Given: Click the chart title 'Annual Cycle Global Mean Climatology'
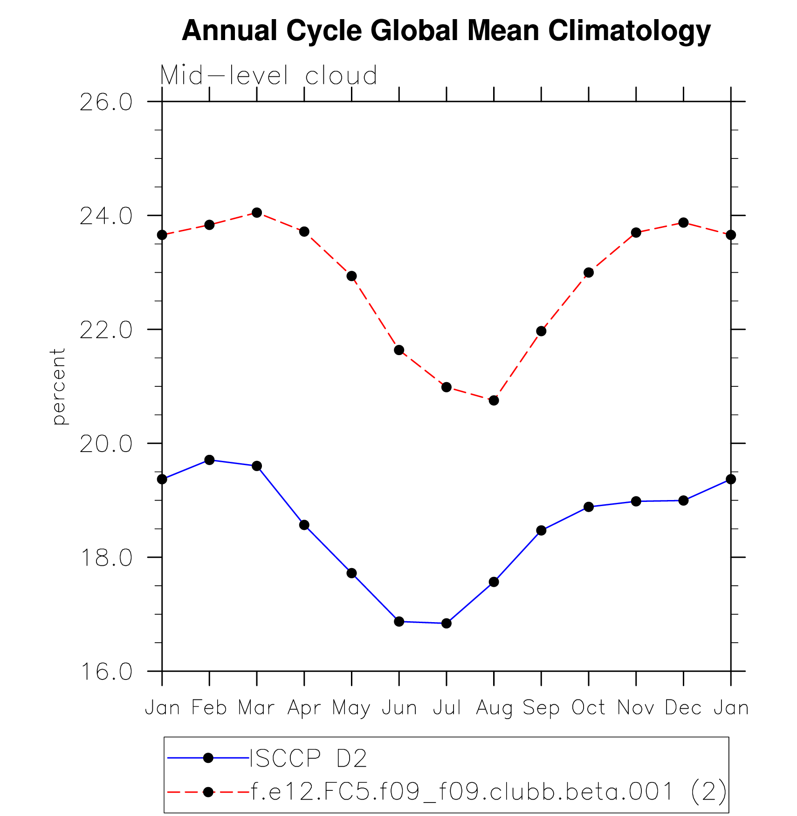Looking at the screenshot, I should point(446,31).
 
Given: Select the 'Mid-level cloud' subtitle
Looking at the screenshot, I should point(268,75).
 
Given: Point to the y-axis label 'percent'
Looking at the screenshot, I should point(58,386).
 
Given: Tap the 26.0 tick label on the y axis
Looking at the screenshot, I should point(106,103).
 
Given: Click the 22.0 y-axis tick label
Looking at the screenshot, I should point(106,330).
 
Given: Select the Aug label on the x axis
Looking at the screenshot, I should point(494,708).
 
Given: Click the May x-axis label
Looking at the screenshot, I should point(351,708).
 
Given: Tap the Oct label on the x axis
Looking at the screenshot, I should point(589,708).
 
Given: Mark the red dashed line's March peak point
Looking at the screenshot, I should point(257,213).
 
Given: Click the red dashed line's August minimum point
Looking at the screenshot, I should point(494,400).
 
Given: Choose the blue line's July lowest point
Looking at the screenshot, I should point(447,623).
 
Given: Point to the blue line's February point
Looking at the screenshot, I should point(209,460).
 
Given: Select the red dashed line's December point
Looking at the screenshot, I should point(684,223).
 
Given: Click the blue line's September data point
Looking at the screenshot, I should point(541,530).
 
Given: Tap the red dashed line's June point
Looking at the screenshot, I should point(399,350).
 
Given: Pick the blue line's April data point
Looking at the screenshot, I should point(304,525).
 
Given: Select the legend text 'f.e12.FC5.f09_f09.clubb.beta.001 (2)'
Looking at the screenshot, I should point(488,791).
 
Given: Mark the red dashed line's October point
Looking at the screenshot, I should point(589,273).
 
